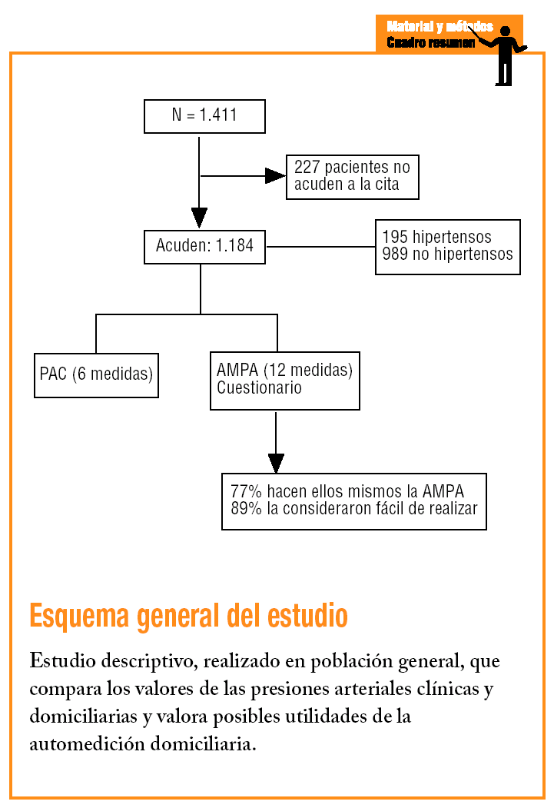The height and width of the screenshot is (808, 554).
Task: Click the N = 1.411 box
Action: (204, 116)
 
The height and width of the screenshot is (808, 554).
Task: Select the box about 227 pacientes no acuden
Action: (352, 177)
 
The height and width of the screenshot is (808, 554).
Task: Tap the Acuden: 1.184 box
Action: (204, 247)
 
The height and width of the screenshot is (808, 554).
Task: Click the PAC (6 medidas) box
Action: (96, 375)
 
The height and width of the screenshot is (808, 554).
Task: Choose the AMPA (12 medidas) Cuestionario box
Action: (284, 381)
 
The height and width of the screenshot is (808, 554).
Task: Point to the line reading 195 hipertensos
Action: (436, 237)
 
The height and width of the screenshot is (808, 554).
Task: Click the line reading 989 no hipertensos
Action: (447, 254)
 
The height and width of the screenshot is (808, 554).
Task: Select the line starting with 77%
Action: (347, 491)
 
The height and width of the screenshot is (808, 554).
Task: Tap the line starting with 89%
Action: (353, 509)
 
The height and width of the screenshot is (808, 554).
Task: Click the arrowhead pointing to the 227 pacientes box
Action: (275, 176)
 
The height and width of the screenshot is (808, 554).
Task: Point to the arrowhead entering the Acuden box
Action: (199, 218)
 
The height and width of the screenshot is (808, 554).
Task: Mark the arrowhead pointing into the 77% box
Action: (276, 463)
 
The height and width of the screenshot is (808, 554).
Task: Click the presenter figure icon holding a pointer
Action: (504, 54)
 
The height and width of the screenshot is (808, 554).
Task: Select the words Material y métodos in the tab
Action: (440, 27)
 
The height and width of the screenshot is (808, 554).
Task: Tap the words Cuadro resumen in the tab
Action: (430, 42)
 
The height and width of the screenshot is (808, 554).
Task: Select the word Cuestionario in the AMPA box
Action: (259, 388)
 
